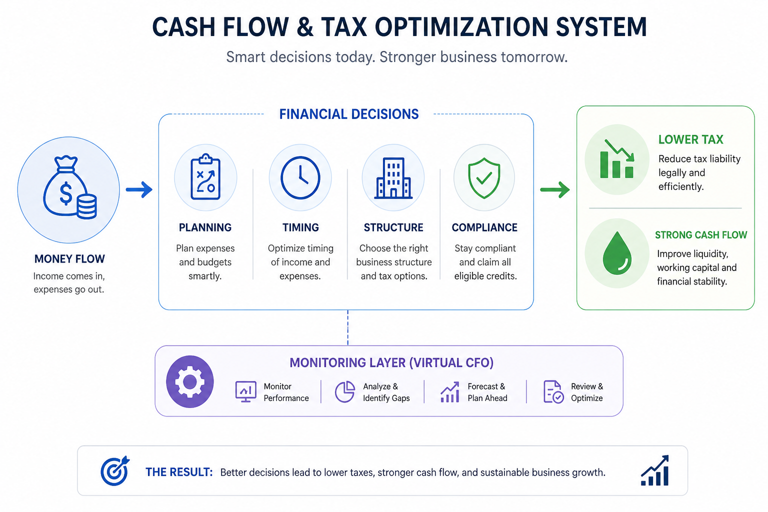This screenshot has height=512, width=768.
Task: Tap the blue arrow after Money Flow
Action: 139,189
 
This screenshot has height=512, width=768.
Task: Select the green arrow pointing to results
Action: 554,189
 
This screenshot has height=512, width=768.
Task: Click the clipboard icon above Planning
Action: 205,176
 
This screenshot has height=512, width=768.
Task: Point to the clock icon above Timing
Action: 300,177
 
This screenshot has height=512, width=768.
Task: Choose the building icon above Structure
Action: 393,178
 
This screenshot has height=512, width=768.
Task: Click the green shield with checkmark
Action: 484,178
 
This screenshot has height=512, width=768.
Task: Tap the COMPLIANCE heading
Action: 484,227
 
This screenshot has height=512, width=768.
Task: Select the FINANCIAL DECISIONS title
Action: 349,114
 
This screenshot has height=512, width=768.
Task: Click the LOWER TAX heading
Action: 691,139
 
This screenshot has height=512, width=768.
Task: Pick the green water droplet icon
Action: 617,253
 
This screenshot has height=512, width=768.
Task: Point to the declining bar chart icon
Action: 617,159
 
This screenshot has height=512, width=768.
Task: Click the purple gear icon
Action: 190,381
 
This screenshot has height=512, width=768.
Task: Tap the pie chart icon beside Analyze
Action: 344,391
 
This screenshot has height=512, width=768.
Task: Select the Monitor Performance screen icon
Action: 246,391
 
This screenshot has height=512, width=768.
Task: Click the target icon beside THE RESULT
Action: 115,471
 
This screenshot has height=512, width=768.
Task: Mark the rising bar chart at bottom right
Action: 655,470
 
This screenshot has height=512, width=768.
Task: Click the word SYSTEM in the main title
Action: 601,27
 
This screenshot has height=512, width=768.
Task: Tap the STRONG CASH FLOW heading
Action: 701,235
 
